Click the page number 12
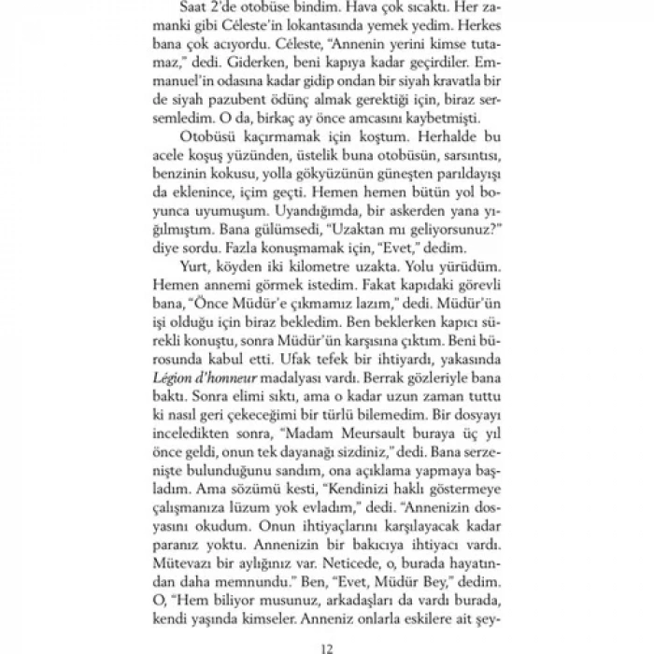click(x=326, y=645)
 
